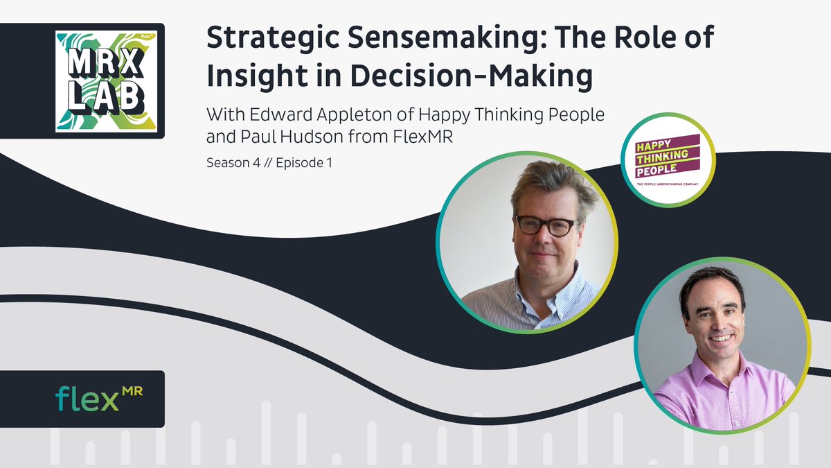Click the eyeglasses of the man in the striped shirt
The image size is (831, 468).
tap(545, 225)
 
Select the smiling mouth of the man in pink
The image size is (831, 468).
tap(720, 338)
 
